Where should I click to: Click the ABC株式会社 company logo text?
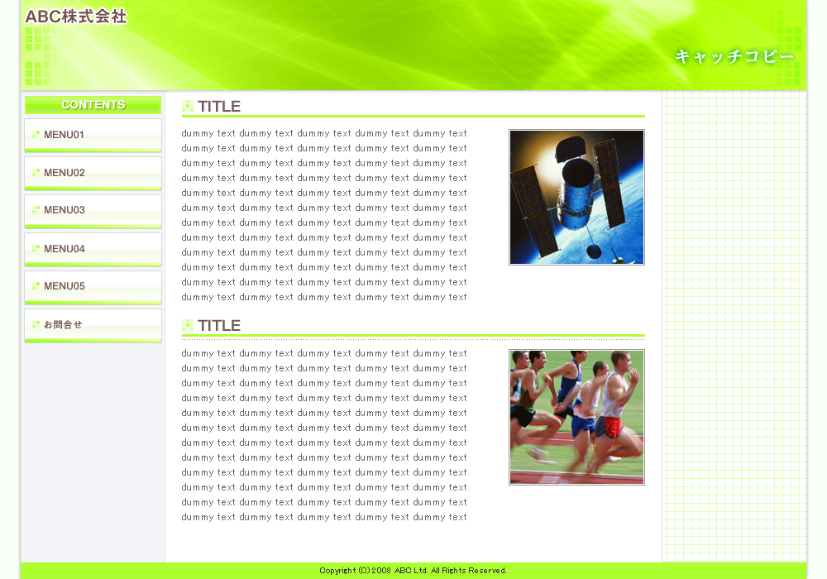pos(76,17)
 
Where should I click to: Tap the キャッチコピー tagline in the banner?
pos(734,56)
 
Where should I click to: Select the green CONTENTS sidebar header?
pos(93,104)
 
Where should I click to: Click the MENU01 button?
pos(93,136)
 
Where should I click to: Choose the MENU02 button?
pos(93,174)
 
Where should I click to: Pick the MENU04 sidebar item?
pos(93,250)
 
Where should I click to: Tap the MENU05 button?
pos(93,287)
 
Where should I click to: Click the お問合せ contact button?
pos(93,325)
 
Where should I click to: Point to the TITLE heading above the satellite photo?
pos(219,107)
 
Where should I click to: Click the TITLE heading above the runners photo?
pos(219,326)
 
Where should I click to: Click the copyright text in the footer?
pos(413,571)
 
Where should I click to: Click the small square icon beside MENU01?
pos(36,135)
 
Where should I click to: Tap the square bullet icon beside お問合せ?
pos(36,325)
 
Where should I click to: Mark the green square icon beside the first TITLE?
pos(188,106)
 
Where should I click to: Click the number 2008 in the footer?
pos(381,571)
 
